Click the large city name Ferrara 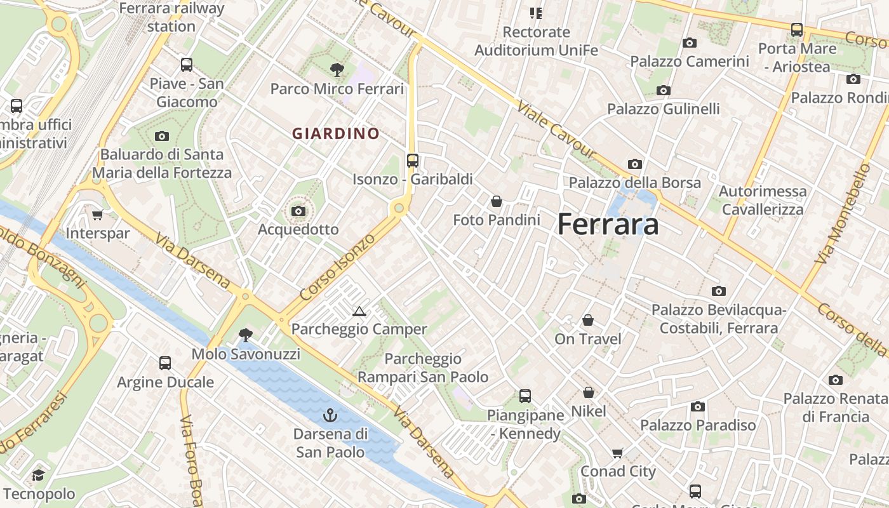pyautogui.click(x=608, y=224)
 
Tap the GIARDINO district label pyautogui.click(x=336, y=134)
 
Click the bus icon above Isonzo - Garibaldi pyautogui.click(x=413, y=161)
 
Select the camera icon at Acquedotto pyautogui.click(x=298, y=211)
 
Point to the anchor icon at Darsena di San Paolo pyautogui.click(x=330, y=416)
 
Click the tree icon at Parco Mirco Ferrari pyautogui.click(x=337, y=70)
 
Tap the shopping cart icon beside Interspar pyautogui.click(x=97, y=215)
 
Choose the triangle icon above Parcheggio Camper pyautogui.click(x=359, y=311)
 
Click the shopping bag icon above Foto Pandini pyautogui.click(x=497, y=201)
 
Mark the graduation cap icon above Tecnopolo pyautogui.click(x=39, y=476)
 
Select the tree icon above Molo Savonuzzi pyautogui.click(x=246, y=335)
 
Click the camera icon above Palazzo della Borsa pyautogui.click(x=634, y=164)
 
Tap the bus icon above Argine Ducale pyautogui.click(x=165, y=363)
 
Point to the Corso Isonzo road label pyautogui.click(x=337, y=267)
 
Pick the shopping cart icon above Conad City pyautogui.click(x=618, y=453)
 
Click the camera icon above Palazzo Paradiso pyautogui.click(x=698, y=406)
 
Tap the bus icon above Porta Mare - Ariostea pyautogui.click(x=796, y=30)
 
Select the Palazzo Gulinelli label pyautogui.click(x=664, y=109)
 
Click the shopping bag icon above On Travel pyautogui.click(x=588, y=320)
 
